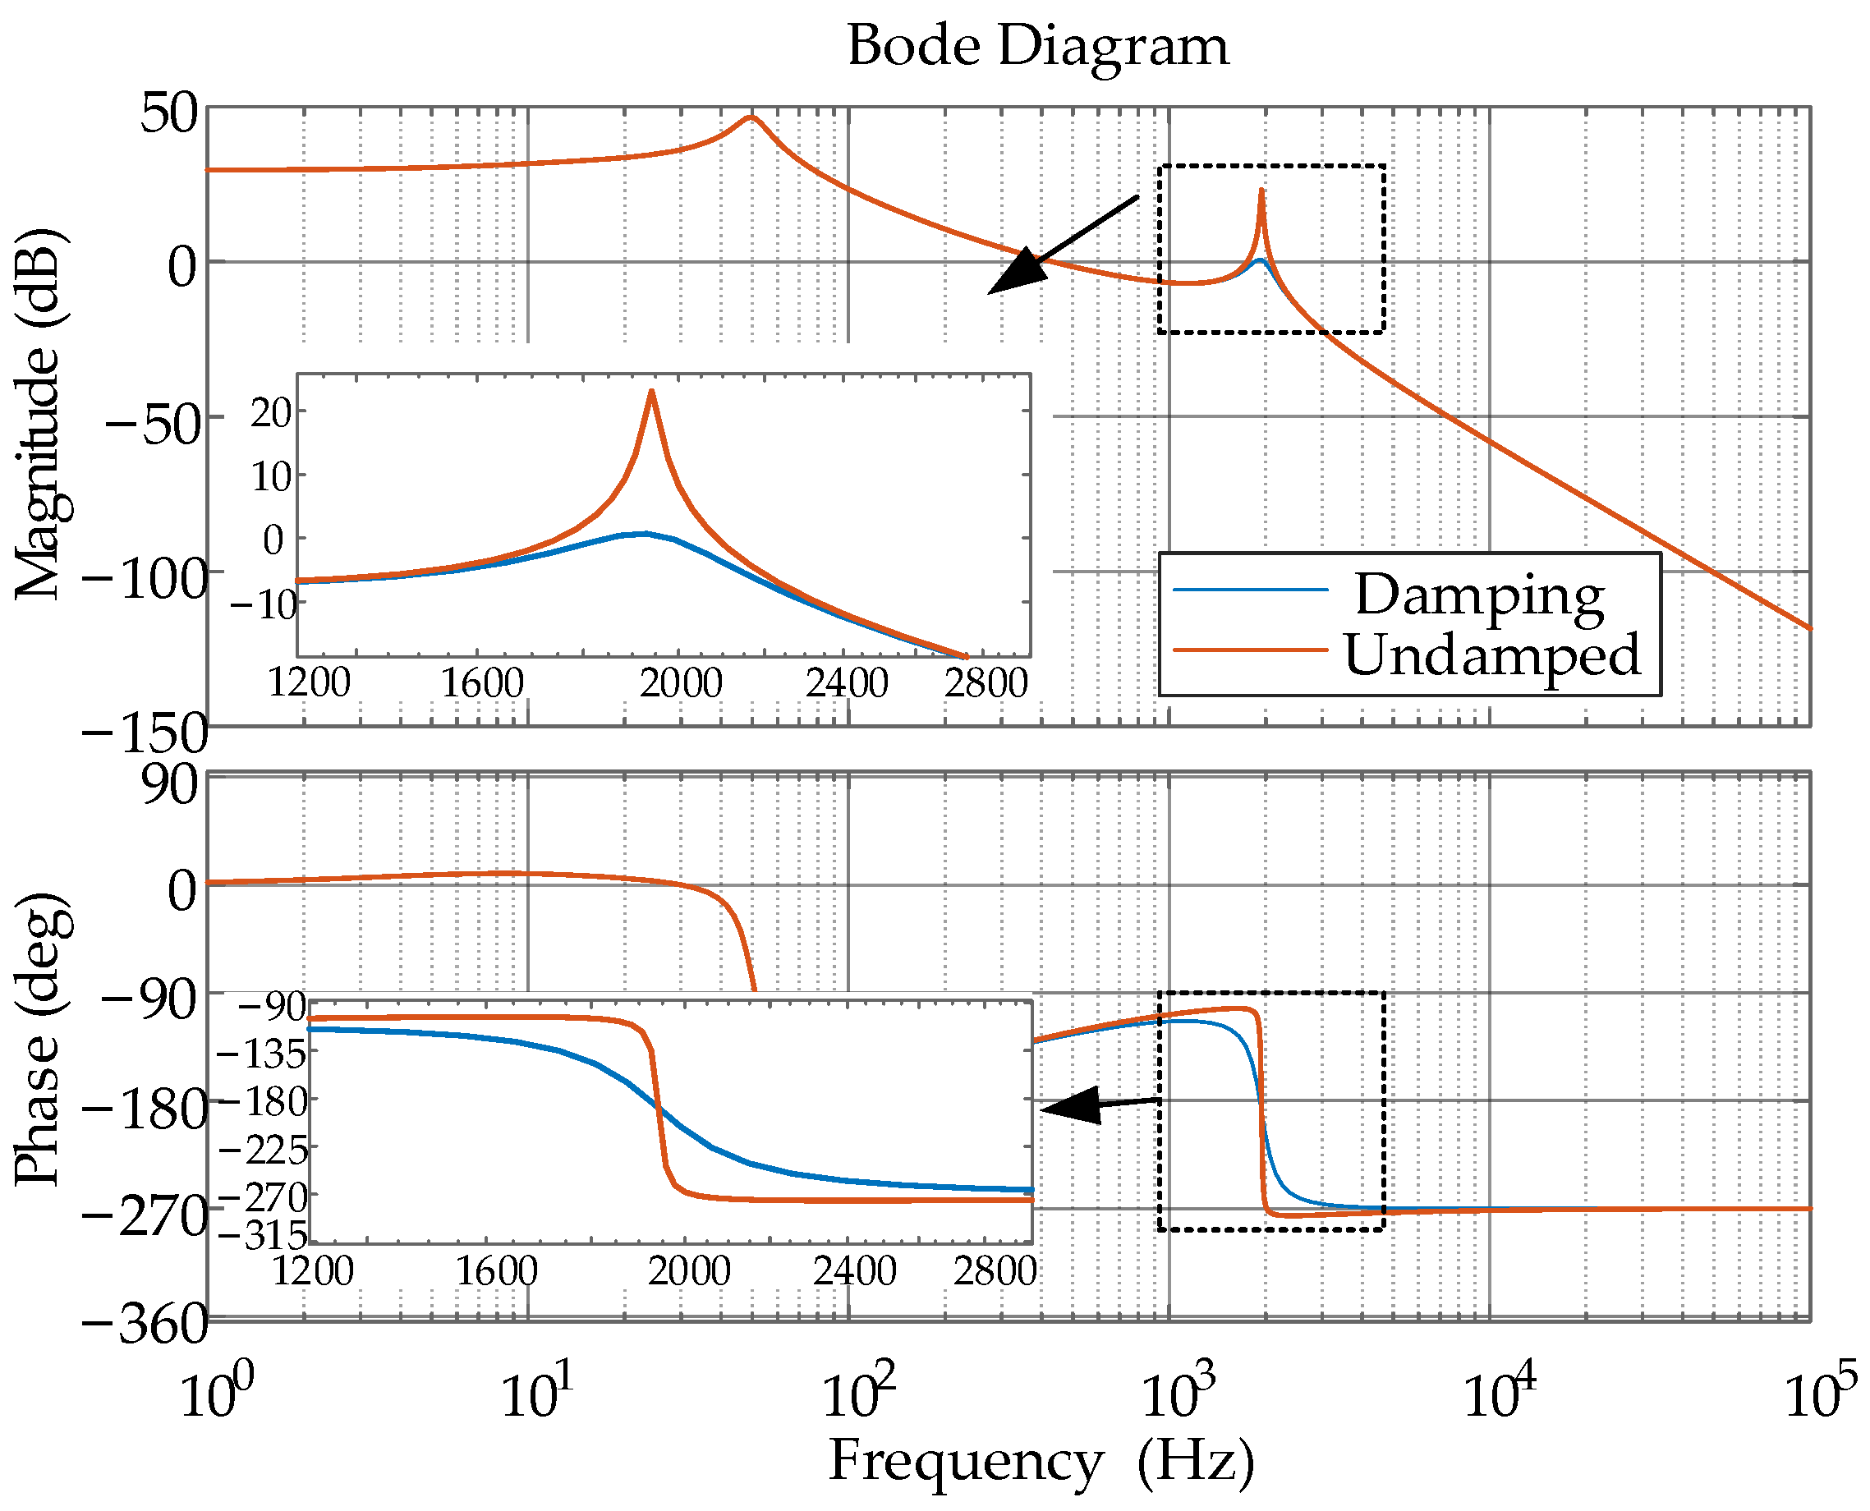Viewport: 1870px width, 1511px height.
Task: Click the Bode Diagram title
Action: click(x=1038, y=45)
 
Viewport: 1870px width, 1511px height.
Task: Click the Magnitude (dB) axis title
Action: click(x=39, y=415)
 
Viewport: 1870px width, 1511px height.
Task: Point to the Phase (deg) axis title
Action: click(x=39, y=1040)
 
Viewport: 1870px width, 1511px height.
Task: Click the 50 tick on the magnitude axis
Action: click(x=170, y=113)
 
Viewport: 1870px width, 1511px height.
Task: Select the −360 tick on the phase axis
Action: click(x=145, y=1325)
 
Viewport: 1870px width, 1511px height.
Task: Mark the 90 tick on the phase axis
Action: click(x=171, y=785)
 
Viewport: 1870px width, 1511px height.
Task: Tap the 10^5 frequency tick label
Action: click(x=1820, y=1393)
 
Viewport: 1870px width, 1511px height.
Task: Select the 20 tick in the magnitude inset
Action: click(x=271, y=413)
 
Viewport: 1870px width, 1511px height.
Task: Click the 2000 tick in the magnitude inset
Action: click(x=681, y=683)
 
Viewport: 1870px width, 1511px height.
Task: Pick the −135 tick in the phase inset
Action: click(x=261, y=1055)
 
